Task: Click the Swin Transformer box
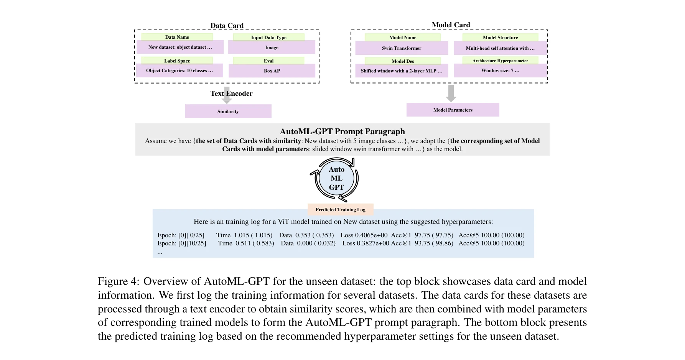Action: (x=402, y=48)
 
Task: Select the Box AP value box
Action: (x=272, y=71)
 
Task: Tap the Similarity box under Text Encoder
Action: (x=228, y=112)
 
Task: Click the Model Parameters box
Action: (x=453, y=110)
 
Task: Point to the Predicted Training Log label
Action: (x=340, y=210)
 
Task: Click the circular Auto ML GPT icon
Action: (x=336, y=179)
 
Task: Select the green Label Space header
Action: (x=177, y=61)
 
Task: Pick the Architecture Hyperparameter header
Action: (x=500, y=61)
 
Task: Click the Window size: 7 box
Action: (x=500, y=71)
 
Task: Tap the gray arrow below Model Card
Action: (x=451, y=93)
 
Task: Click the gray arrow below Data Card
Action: (x=227, y=96)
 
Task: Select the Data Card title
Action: (x=227, y=26)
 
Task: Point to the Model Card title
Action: (x=451, y=25)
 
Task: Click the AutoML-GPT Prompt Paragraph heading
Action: (x=342, y=132)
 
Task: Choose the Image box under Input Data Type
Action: (x=272, y=48)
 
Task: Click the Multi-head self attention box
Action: (x=500, y=48)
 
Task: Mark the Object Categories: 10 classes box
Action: (x=179, y=71)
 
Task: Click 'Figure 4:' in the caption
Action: (x=118, y=281)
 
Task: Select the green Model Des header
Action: (x=403, y=61)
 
